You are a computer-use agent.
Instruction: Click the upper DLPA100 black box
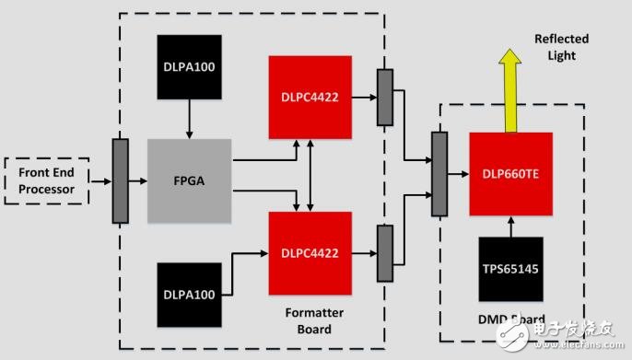point(190,67)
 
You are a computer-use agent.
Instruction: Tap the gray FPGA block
point(189,180)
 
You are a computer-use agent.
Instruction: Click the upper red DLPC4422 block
point(310,97)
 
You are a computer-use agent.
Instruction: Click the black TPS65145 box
point(510,270)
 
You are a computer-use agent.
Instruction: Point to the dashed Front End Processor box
point(46,181)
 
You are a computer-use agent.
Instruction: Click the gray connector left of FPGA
point(121,180)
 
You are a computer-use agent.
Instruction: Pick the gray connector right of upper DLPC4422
point(384,97)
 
